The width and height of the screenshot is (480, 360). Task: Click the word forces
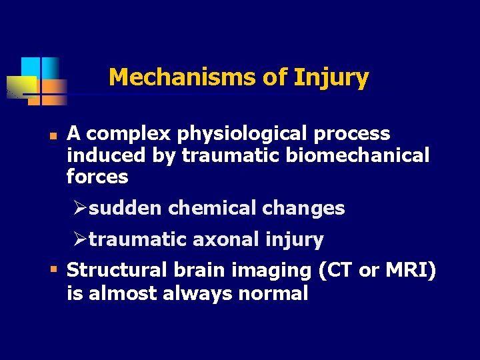97,177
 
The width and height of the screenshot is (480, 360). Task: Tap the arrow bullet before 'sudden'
81,208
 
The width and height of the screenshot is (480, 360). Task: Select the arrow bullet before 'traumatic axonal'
81,239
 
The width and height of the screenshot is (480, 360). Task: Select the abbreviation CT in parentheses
337,271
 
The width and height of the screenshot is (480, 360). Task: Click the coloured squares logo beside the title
40,81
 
